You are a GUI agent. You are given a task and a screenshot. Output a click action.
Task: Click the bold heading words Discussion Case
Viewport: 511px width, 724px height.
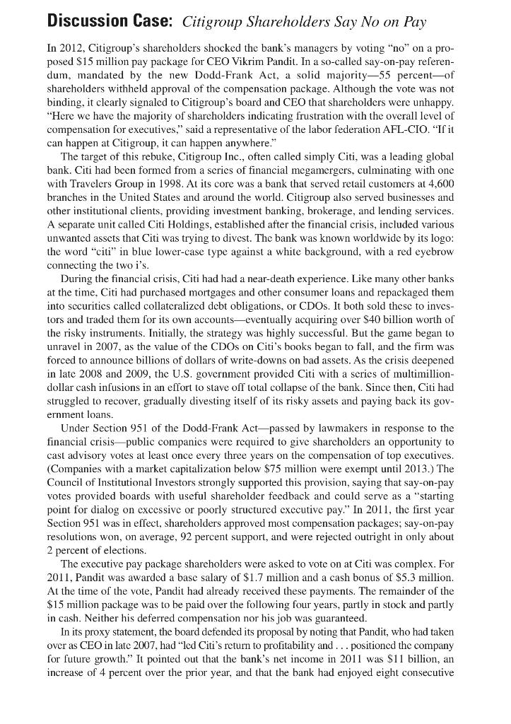click(110, 22)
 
